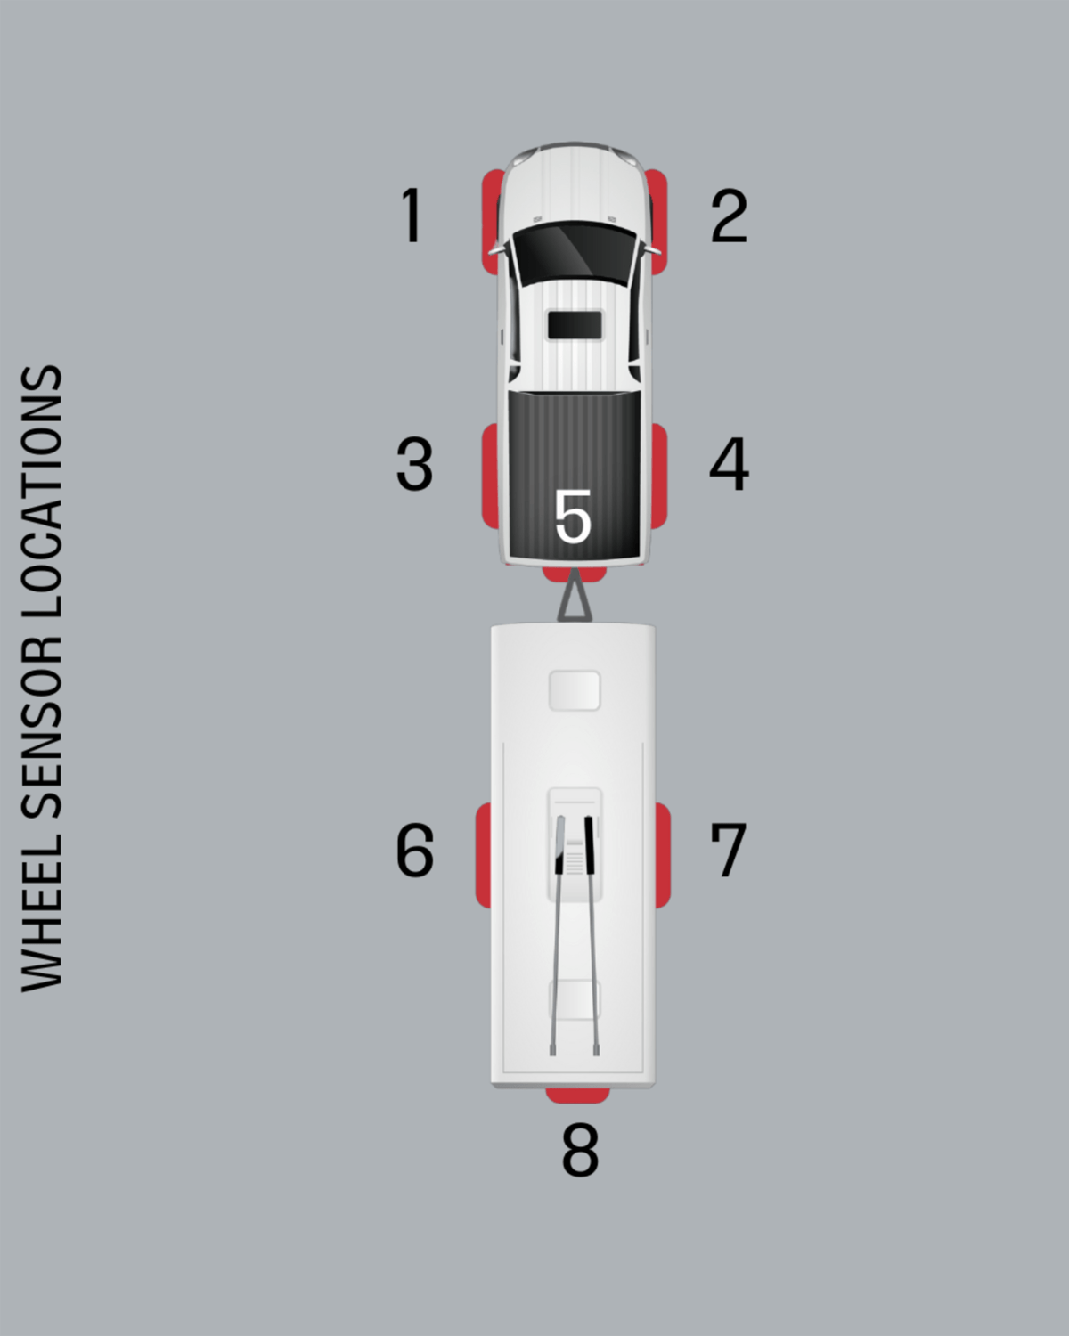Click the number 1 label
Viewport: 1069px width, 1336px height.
(411, 215)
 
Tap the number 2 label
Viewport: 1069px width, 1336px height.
(729, 216)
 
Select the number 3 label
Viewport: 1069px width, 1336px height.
(414, 464)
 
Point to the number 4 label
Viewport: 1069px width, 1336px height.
(729, 464)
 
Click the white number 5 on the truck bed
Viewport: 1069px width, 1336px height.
(573, 517)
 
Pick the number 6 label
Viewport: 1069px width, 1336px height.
(415, 851)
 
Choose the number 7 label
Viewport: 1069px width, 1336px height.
(728, 850)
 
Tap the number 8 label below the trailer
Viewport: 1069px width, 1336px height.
(580, 1150)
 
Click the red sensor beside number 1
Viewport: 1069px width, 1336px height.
(490, 218)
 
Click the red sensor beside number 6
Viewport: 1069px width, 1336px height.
(483, 855)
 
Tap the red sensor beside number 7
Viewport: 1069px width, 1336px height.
(664, 855)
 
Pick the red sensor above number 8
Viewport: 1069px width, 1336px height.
(578, 1095)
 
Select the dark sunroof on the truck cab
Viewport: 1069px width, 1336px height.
(575, 325)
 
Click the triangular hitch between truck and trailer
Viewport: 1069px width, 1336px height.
(575, 600)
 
